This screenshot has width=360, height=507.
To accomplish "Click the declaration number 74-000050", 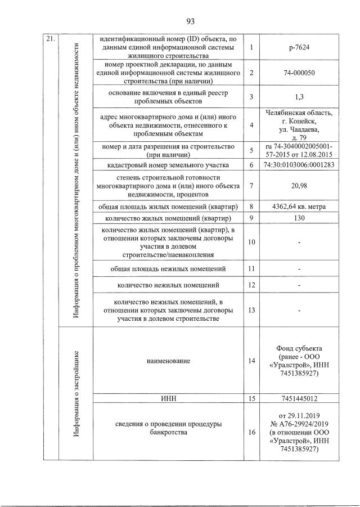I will coord(299,73).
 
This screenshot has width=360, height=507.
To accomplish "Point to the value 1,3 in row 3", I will coord(299,97).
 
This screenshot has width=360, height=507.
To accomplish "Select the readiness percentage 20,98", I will coord(299,186).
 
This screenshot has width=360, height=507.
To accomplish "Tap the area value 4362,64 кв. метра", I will coord(299,206).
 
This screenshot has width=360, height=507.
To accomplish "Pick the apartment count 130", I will coord(299,217).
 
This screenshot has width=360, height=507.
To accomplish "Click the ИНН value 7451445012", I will coord(299,399).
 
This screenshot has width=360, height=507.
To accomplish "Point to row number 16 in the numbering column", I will coord(251,432).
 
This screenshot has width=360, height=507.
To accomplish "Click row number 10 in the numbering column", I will coord(251,242).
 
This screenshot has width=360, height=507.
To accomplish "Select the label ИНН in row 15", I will coord(169,399).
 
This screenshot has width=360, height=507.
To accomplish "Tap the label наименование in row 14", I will coord(169,361).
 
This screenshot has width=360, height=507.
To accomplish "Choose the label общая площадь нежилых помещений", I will coord(169,268).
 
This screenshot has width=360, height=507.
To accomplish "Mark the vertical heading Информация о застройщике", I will coord(75,394).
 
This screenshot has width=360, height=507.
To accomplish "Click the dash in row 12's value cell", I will coord(299,286).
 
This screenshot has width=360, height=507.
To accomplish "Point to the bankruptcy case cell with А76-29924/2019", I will coord(299,432).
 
